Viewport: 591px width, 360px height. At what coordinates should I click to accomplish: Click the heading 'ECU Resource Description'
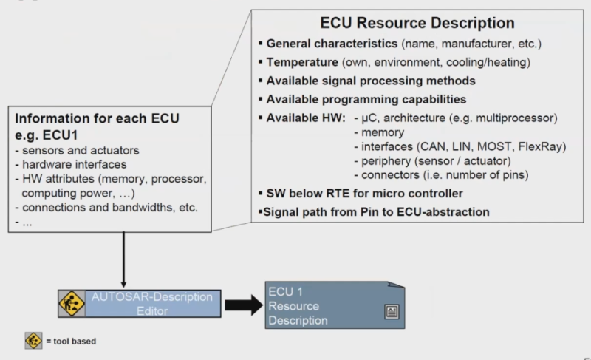coord(417,23)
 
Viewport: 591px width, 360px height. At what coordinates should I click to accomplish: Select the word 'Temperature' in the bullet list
coord(302,62)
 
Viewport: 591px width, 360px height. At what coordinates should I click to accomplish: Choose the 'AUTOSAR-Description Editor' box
coord(140,304)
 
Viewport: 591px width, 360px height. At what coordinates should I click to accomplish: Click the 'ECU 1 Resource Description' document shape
coord(335,305)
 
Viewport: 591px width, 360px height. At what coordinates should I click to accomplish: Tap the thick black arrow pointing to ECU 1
coord(244,305)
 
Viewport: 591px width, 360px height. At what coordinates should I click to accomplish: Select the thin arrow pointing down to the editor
coord(123,259)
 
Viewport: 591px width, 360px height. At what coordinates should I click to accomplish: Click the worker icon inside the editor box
coord(71,304)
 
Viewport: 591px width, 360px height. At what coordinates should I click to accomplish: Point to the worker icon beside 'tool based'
coord(33,341)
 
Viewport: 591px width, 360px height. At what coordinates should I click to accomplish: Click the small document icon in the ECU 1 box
coord(392,312)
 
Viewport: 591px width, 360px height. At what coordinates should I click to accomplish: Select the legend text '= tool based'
coord(71,342)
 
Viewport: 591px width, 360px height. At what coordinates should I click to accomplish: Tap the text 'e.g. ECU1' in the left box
coord(47,135)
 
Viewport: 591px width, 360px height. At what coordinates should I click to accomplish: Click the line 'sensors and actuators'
coord(78,150)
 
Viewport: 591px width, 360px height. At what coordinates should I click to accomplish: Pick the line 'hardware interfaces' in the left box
coord(71,164)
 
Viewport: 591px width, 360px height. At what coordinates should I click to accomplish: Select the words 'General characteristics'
coord(332,44)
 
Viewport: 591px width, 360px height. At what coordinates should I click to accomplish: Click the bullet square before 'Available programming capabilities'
coord(261,99)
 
